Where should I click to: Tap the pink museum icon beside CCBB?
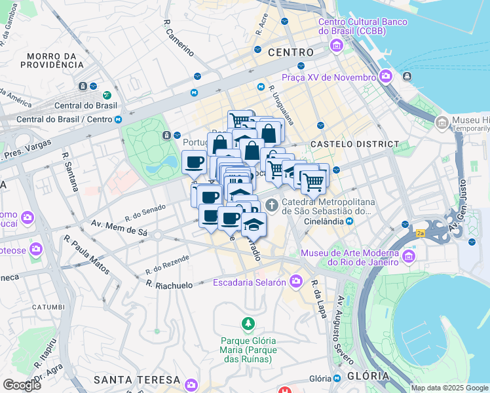pyautogui.click(x=337, y=46)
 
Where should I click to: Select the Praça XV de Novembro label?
pyautogui.click(x=329, y=77)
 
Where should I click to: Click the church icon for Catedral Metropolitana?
pyautogui.click(x=272, y=204)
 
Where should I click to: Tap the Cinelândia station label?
pyautogui.click(x=325, y=221)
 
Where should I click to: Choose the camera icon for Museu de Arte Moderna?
pyautogui.click(x=409, y=255)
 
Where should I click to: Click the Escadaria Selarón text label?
pyautogui.click(x=250, y=282)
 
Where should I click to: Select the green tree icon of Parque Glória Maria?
pyautogui.click(x=247, y=324)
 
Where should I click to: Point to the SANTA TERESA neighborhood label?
pyautogui.click(x=137, y=380)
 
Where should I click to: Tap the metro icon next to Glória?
pyautogui.click(x=337, y=379)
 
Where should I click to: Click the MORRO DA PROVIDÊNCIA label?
pyautogui.click(x=58, y=60)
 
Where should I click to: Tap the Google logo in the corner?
pyautogui.click(x=22, y=384)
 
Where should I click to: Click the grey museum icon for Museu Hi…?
pyautogui.click(x=442, y=122)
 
